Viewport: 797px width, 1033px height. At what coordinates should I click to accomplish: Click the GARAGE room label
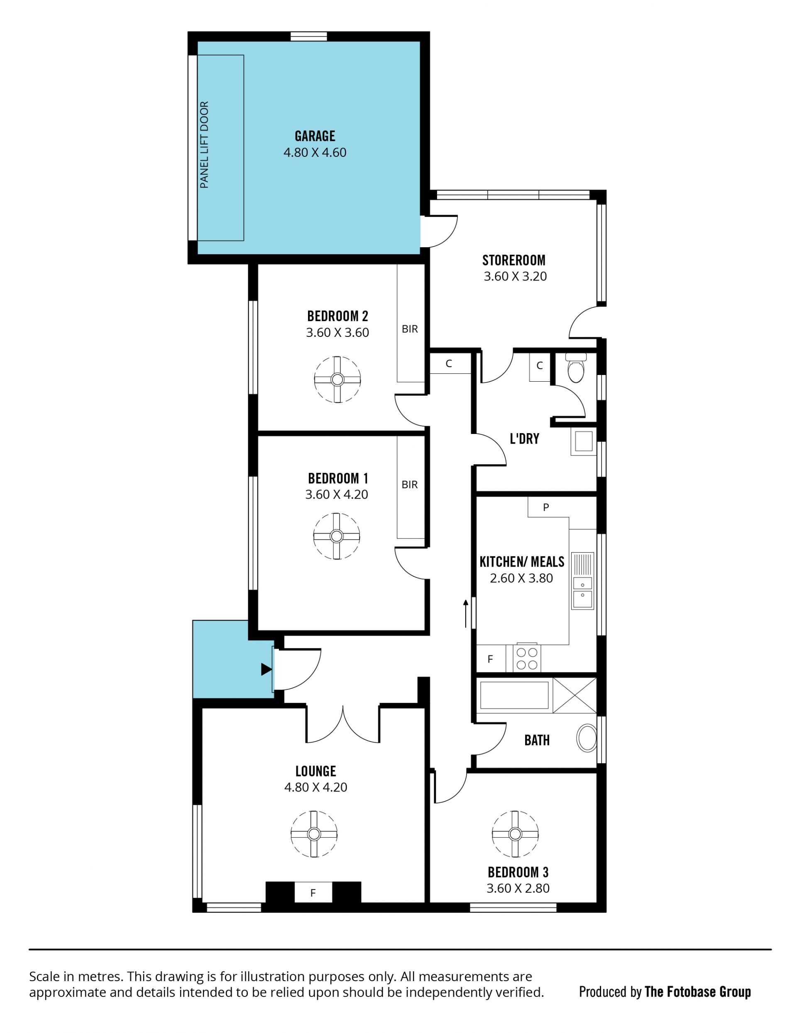coord(315,136)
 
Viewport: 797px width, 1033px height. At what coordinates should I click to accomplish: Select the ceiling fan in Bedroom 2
coord(337,379)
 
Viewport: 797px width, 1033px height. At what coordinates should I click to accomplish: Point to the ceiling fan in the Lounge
coord(314,834)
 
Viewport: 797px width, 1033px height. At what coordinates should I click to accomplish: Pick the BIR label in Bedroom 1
coord(409,484)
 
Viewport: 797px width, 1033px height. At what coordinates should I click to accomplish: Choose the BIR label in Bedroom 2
coord(410,329)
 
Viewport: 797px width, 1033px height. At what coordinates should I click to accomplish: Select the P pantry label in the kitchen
coord(546,507)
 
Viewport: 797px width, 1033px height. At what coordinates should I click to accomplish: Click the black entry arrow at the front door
coord(266,669)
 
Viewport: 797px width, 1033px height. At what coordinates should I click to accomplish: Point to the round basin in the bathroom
coord(587,738)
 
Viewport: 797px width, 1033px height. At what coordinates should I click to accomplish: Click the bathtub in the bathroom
coord(514,695)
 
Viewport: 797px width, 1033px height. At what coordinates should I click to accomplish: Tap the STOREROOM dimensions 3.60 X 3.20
coord(515,276)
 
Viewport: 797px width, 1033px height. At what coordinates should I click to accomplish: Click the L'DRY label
coord(524,439)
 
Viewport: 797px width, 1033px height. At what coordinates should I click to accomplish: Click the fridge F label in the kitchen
coord(490,659)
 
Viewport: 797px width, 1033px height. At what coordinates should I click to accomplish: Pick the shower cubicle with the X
coord(575,695)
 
